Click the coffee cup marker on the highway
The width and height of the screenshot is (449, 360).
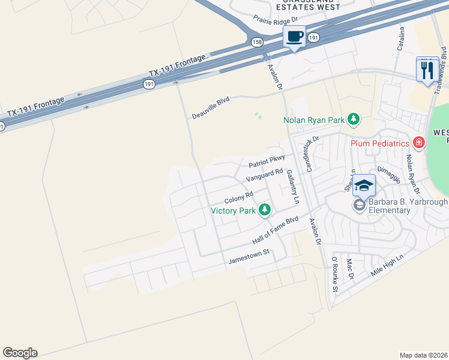(x=294, y=37)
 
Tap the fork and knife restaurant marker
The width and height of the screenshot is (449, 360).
(x=427, y=70)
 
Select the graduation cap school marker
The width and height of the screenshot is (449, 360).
(x=364, y=185)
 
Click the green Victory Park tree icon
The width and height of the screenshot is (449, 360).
(x=264, y=209)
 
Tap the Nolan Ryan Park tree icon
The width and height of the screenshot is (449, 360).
(x=354, y=119)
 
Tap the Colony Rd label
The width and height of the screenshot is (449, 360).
(x=239, y=197)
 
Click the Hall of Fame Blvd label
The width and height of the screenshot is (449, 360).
(x=276, y=230)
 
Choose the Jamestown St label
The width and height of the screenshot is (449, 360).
(x=250, y=257)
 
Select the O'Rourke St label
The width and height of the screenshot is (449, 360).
(x=335, y=275)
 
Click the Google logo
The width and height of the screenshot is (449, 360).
(x=20, y=352)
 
